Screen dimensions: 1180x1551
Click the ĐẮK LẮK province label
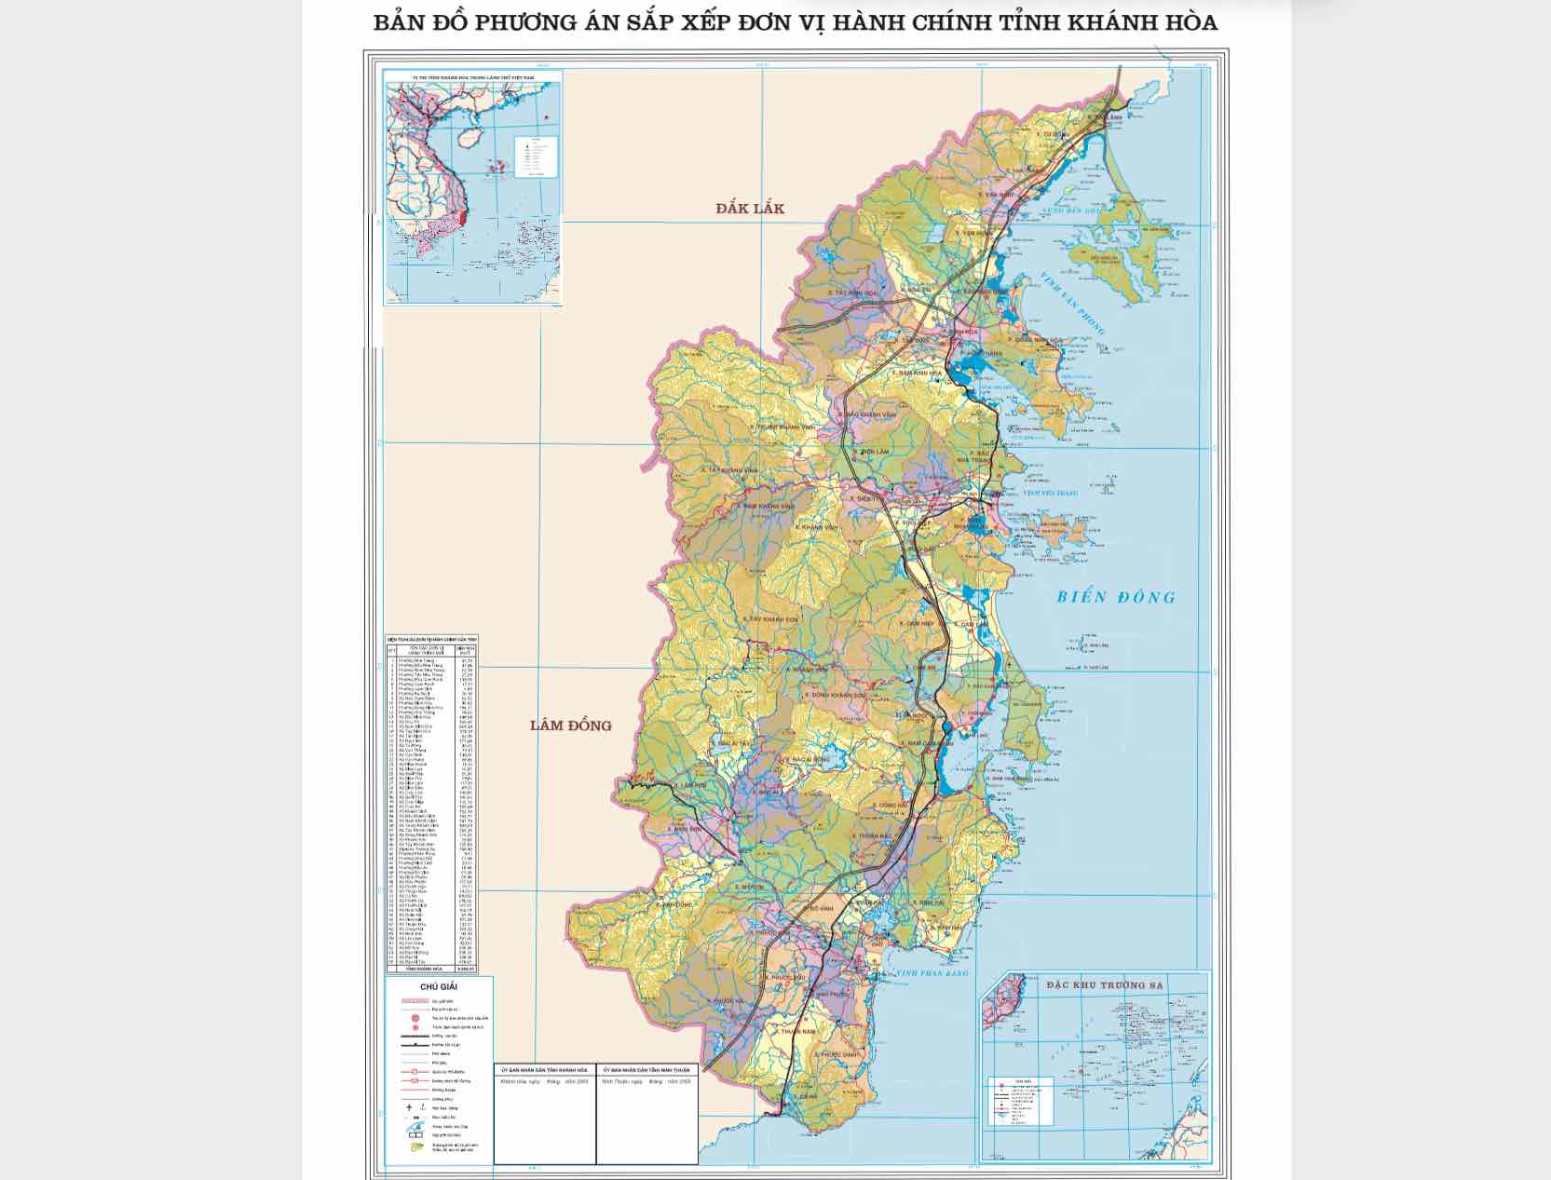(x=750, y=208)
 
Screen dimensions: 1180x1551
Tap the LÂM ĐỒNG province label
(x=570, y=725)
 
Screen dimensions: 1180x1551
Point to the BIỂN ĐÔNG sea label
(x=1116, y=597)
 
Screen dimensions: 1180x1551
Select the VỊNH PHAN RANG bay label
(x=932, y=973)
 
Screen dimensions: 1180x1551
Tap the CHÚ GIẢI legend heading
(x=438, y=987)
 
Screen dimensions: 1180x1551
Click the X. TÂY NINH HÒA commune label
(x=852, y=292)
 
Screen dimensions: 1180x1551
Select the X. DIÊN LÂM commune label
(x=870, y=451)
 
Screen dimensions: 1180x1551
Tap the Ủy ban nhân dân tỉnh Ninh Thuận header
(x=646, y=1071)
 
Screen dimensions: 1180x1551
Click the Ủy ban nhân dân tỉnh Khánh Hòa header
(x=544, y=1071)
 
